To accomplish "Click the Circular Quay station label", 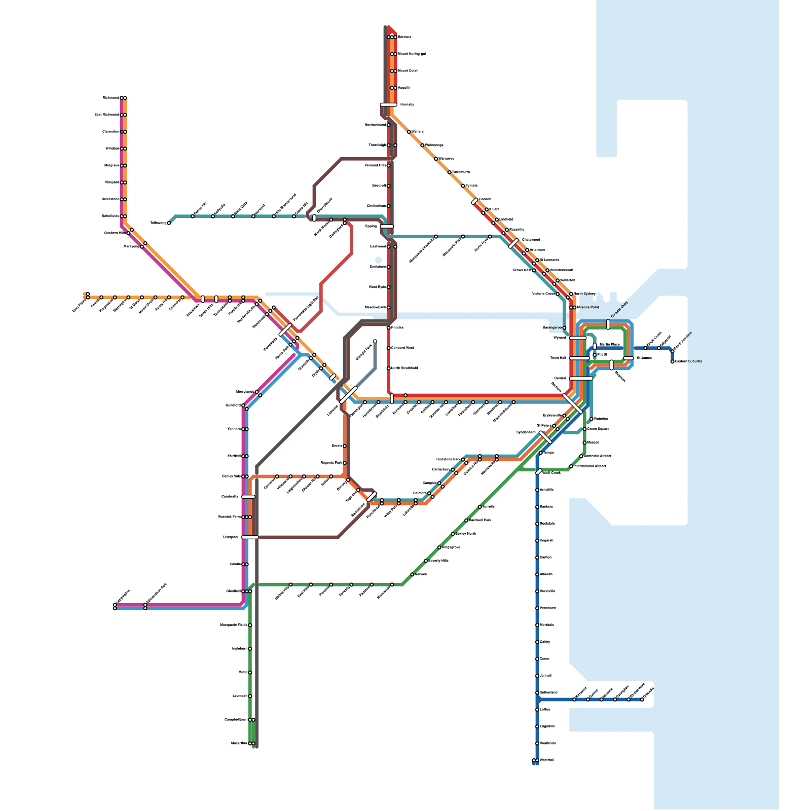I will pyautogui.click(x=619, y=310).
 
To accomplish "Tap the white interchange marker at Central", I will pyautogui.click(x=581, y=378).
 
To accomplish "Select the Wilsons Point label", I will pyautogui.click(x=588, y=307).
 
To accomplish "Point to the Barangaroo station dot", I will pyautogui.click(x=564, y=328).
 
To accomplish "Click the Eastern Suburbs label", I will pyautogui.click(x=688, y=361).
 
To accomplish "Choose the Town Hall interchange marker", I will pyautogui.click(x=579, y=358).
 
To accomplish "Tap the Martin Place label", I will pyautogui.click(x=610, y=344).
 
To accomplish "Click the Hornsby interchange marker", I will pyautogui.click(x=388, y=104).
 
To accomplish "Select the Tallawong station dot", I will pyautogui.click(x=169, y=223).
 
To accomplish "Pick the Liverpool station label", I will pyautogui.click(x=231, y=537).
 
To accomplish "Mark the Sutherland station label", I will pyautogui.click(x=548, y=692).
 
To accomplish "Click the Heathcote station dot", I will pyautogui.click(x=537, y=744).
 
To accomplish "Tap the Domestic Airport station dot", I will pyautogui.click(x=581, y=456).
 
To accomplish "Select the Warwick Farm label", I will pyautogui.click(x=229, y=517).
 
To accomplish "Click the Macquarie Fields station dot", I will pyautogui.click(x=250, y=625).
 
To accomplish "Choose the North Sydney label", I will pyautogui.click(x=584, y=293).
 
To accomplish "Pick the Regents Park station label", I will pyautogui.click(x=331, y=463).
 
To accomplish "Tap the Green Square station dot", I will pyautogui.click(x=584, y=429).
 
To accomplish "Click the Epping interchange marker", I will pyautogui.click(x=387, y=227).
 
